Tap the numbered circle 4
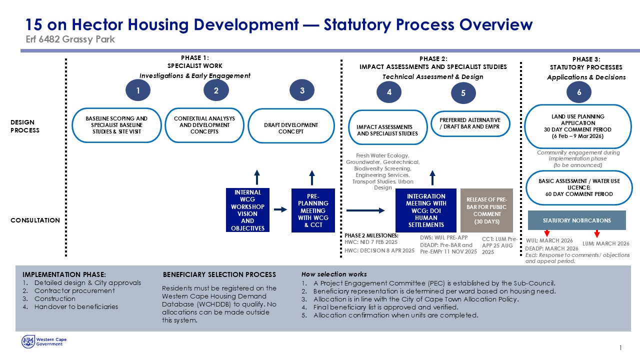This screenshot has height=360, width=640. tap(389, 92)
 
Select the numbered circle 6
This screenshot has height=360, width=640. tap(578, 92)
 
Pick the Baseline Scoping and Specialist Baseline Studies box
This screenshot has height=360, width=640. tap(116, 125)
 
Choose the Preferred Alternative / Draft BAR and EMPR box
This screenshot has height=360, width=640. tap(469, 123)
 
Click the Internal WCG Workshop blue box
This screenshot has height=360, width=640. tap(247, 210)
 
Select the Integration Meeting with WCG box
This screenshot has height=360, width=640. tap(426, 210)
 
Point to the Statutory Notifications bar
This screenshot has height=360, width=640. tap(576, 220)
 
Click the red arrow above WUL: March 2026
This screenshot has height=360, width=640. tap(547, 233)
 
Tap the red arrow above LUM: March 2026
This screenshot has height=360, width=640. tap(596, 233)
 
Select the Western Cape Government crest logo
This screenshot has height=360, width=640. tap(27, 341)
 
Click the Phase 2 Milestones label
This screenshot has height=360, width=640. tap(371, 235)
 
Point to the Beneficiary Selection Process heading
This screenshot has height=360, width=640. tap(219, 274)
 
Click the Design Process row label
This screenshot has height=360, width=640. tap(25, 126)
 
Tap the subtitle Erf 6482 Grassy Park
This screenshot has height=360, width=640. tap(70, 39)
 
